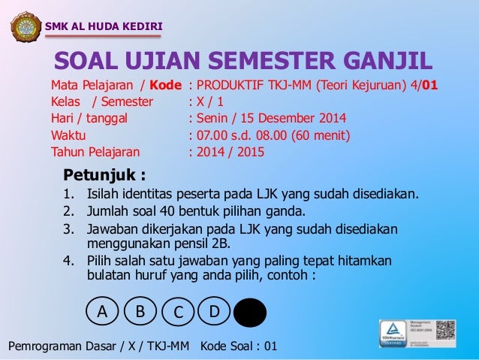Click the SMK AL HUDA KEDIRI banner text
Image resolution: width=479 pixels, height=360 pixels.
(104, 29)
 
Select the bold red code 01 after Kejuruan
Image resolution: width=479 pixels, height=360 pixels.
(430, 85)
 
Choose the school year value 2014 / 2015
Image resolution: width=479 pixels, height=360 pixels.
(230, 153)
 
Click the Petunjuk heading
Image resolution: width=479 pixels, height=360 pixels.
(104, 177)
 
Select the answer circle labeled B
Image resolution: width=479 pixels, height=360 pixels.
(140, 310)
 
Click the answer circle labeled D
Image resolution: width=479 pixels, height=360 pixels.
(214, 310)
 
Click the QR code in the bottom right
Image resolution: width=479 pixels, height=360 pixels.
(445, 331)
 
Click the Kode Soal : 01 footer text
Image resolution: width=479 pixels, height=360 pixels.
(239, 346)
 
